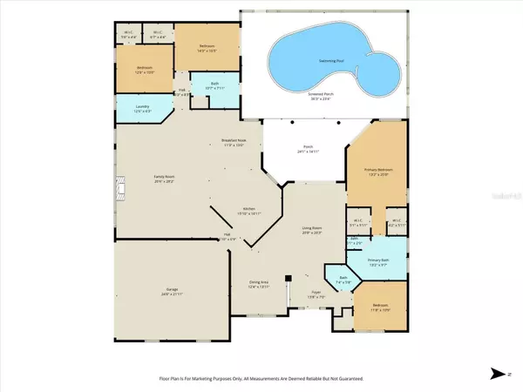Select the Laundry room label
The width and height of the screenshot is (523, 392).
coord(143,108)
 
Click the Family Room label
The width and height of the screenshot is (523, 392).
coord(140,179)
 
